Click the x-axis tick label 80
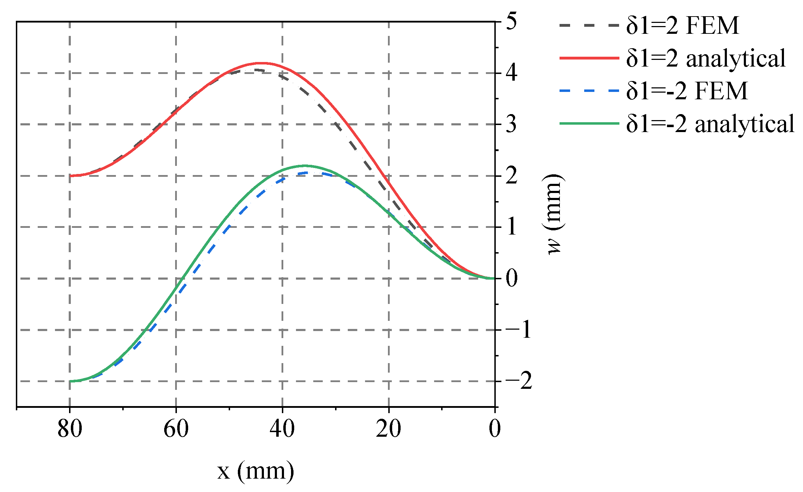click(70, 429)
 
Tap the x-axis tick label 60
click(176, 429)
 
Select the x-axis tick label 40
click(282, 429)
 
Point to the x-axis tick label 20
click(388, 429)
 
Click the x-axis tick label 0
click(495, 429)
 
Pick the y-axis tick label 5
click(512, 21)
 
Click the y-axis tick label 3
click(512, 124)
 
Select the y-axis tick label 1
click(512, 227)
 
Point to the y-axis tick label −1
click(518, 330)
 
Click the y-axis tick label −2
click(518, 381)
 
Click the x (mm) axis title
click(255, 471)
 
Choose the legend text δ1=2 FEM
click(682, 25)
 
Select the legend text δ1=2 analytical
click(706, 58)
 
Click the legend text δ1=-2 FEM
click(687, 91)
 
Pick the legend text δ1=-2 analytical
click(710, 124)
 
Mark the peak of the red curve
click(262, 63)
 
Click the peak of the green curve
click(305, 166)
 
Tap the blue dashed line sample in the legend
click(589, 91)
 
